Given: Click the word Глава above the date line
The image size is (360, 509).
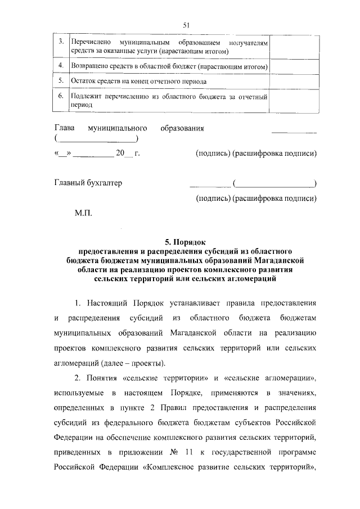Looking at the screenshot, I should point(65,128).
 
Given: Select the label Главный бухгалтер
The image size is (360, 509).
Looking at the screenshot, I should point(88,183).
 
